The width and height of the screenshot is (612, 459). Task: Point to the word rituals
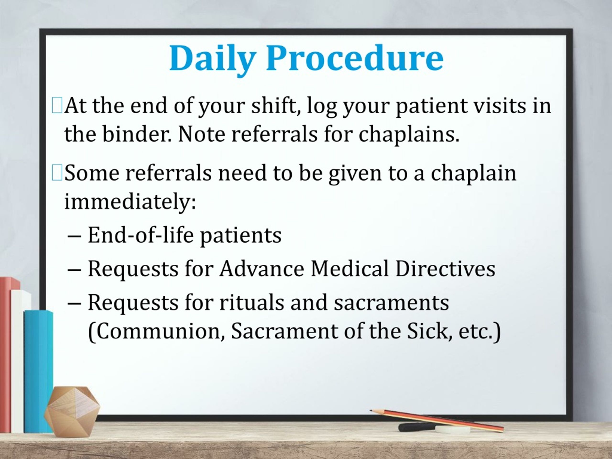click(x=251, y=302)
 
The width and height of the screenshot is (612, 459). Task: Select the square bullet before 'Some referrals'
click(x=57, y=173)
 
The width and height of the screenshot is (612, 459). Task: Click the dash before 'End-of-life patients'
click(x=74, y=236)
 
